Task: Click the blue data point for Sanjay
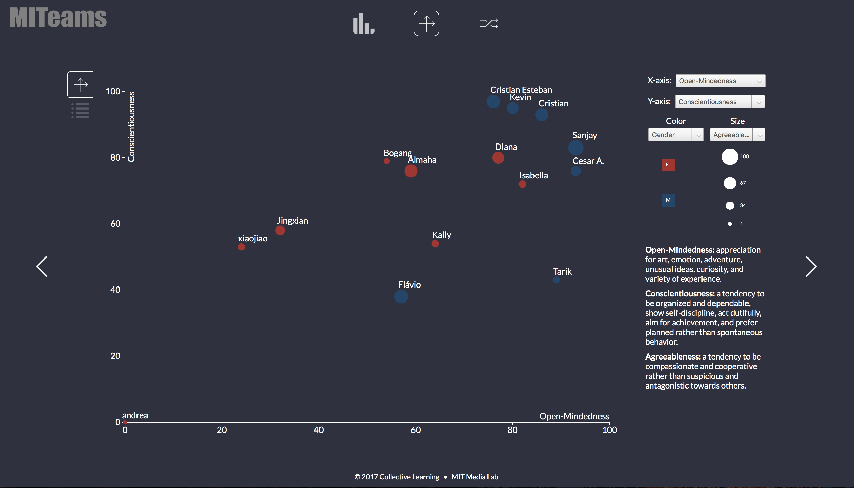575,148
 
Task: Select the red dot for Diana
498,157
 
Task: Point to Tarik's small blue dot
556,280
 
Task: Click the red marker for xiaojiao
241,247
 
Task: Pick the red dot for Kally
435,244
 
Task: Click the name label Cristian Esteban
521,90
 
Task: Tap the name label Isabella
533,175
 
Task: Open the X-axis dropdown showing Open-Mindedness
720,81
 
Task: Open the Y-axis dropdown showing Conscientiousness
720,102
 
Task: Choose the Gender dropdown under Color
676,135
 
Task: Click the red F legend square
668,165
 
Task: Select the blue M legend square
668,200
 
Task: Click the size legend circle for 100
729,156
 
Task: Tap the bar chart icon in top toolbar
363,23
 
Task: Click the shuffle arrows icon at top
489,23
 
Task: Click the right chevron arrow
811,266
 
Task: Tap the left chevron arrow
42,266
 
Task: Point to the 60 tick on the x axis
416,430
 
